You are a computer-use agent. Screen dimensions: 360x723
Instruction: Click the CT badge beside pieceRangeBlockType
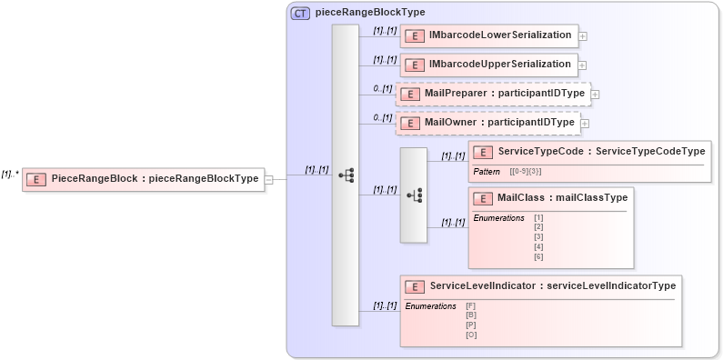coord(300,14)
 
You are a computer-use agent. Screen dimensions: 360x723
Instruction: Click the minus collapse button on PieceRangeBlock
coord(268,179)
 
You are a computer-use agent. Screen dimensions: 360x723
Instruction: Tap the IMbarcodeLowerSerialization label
coord(499,35)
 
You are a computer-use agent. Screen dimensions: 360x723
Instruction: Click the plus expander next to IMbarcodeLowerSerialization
coord(583,37)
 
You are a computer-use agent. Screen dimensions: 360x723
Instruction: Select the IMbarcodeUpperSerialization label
coord(499,65)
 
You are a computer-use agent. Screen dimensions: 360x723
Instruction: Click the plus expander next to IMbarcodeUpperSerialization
coord(583,65)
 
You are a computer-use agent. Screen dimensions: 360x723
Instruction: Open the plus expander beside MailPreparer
coord(595,95)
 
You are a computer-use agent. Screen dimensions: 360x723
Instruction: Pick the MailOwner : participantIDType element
coord(498,122)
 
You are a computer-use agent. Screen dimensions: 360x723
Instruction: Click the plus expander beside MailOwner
coord(585,124)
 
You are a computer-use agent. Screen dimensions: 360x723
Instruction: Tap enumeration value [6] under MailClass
coord(538,257)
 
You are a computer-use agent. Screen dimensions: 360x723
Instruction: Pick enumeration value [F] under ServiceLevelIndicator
coord(471,306)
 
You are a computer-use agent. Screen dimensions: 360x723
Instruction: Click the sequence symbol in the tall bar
coord(346,175)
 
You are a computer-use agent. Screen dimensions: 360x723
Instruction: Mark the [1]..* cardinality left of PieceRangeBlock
coord(10,173)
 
